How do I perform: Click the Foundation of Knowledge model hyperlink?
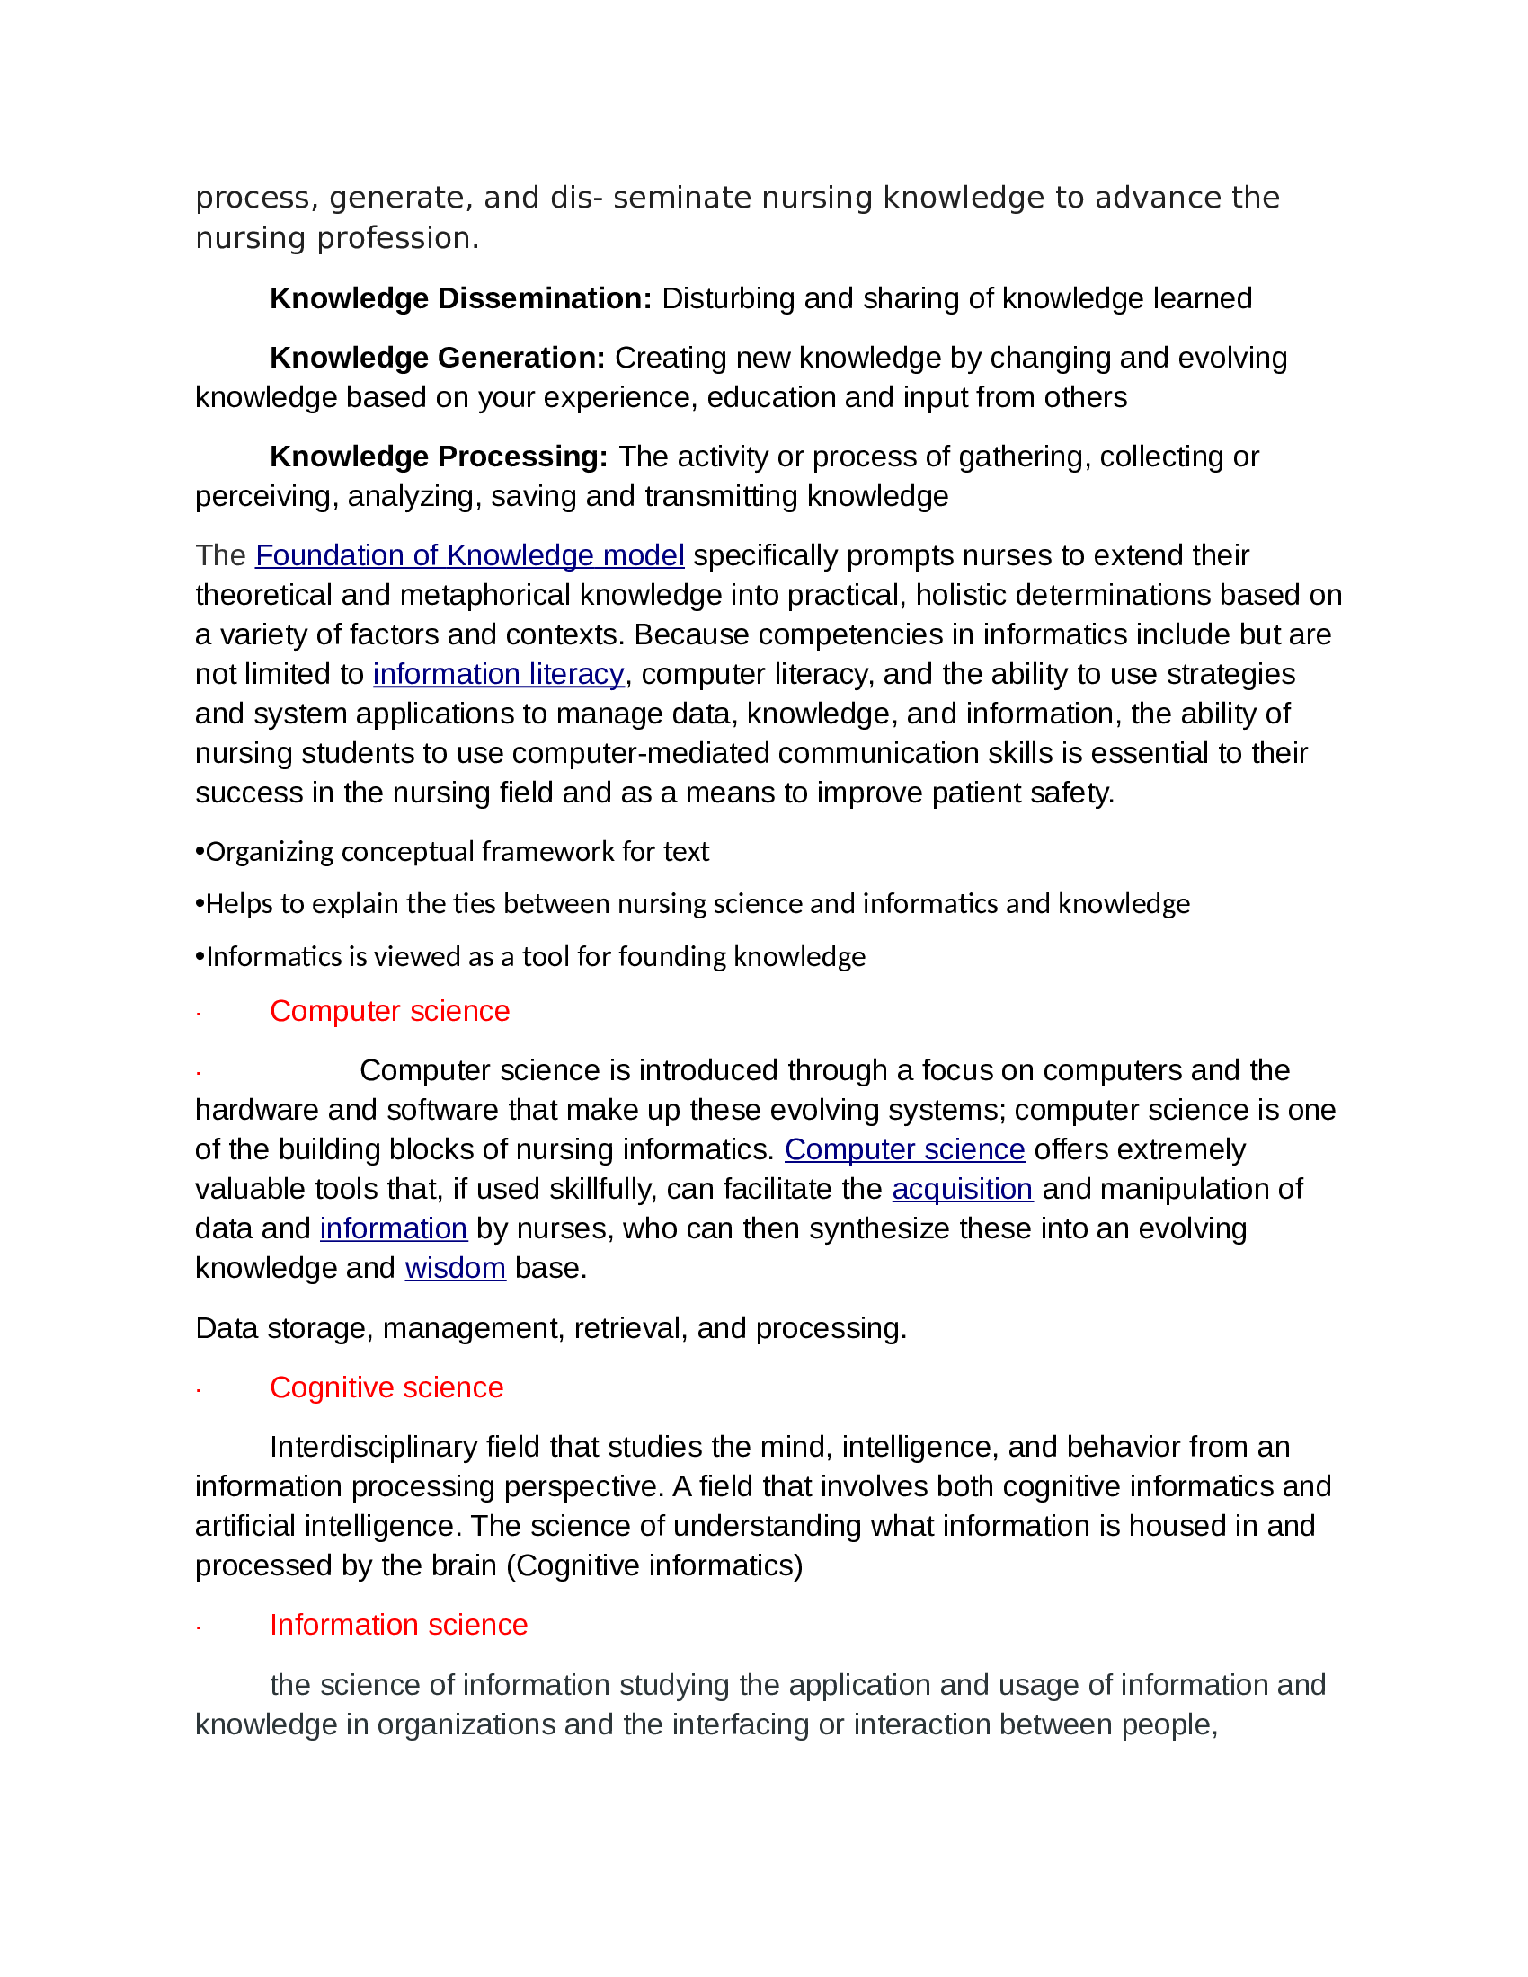point(469,554)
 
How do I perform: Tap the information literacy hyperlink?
point(498,673)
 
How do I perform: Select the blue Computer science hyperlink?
point(904,1148)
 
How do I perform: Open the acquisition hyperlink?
point(963,1189)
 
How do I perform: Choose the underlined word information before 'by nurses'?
point(393,1228)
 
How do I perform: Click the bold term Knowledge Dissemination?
point(461,297)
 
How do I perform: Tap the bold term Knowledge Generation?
point(437,358)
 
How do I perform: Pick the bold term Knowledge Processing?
point(438,457)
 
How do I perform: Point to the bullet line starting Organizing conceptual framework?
point(453,852)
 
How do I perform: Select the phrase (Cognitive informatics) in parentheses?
point(654,1565)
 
